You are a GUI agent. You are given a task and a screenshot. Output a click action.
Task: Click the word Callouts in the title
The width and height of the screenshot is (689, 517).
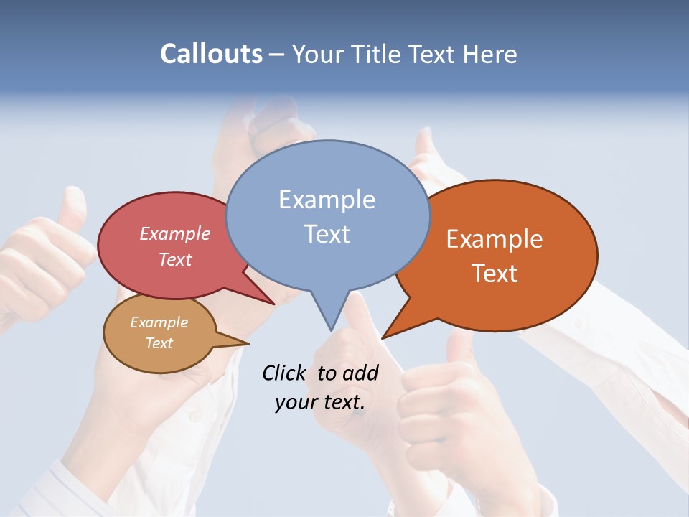[211, 54]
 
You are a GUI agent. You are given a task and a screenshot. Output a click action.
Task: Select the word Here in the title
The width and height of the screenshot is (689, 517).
[490, 54]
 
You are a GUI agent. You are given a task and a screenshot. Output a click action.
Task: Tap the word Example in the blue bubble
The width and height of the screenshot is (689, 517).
[327, 200]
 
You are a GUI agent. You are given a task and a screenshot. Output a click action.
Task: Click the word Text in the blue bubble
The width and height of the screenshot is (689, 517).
[327, 234]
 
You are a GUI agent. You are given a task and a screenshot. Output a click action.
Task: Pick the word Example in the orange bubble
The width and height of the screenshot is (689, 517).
[495, 239]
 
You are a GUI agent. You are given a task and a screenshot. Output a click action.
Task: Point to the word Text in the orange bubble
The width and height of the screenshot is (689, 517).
[495, 274]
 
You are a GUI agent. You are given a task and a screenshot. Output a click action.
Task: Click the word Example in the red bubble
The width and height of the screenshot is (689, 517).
[175, 234]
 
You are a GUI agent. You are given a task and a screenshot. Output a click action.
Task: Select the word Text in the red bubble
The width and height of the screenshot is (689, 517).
[175, 259]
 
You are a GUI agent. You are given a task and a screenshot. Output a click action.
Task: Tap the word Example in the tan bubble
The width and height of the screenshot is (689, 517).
[159, 322]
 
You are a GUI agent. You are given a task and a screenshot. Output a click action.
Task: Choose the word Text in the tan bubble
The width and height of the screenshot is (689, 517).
[159, 343]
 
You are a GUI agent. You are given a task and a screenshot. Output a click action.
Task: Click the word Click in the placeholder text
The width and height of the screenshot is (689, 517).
[286, 373]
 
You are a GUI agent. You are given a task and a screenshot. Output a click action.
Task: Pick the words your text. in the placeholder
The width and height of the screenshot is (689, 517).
[319, 402]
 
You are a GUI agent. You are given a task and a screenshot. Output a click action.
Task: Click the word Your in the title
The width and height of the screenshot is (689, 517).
[318, 54]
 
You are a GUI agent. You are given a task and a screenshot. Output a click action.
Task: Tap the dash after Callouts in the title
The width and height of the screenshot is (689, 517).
[277, 55]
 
